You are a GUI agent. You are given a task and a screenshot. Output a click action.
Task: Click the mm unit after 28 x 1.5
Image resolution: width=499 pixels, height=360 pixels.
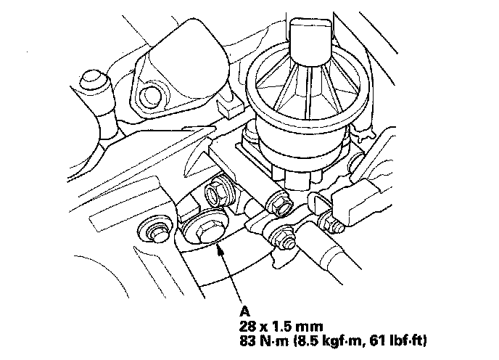click(308, 319)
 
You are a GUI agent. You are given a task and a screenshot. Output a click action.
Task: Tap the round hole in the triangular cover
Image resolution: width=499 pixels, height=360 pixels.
click(154, 94)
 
